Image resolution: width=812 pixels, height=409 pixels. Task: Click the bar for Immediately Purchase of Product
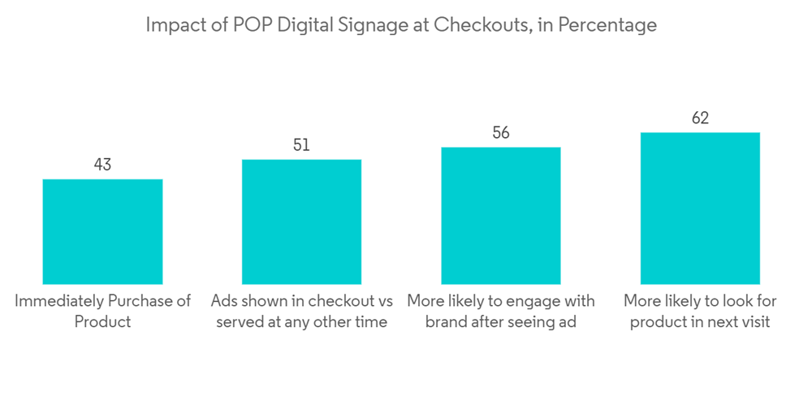click(102, 231)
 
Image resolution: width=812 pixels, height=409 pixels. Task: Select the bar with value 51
click(301, 222)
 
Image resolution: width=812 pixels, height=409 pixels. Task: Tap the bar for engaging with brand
click(501, 216)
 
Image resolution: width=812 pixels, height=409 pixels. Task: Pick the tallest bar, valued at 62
click(700, 209)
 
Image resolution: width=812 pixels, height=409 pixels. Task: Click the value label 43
click(102, 165)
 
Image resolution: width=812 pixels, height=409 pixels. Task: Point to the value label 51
click(301, 145)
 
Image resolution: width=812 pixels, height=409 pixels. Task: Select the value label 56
click(501, 133)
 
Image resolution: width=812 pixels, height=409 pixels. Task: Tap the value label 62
click(700, 118)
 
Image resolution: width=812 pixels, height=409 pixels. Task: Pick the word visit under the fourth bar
click(754, 322)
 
